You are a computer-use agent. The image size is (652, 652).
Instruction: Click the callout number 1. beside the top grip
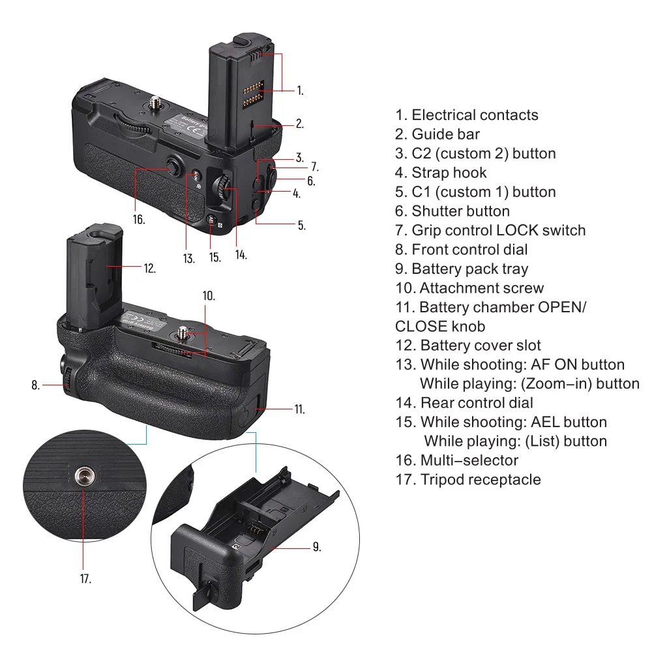299,91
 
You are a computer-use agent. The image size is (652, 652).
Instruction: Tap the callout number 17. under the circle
85,578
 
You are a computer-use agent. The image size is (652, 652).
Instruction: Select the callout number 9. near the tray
316,546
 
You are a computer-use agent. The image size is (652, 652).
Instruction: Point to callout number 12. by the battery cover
149,267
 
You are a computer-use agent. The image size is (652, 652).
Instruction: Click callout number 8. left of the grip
36,385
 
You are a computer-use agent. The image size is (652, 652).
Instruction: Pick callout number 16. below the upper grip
138,219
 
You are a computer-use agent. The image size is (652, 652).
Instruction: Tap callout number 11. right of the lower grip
299,409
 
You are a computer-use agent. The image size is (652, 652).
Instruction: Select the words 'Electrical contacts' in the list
475,115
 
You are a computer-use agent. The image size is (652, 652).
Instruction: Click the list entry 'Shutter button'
460,211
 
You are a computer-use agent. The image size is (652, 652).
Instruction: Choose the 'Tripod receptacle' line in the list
480,480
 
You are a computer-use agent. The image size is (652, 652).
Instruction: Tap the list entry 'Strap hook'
449,173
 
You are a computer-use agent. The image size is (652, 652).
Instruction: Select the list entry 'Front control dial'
469,250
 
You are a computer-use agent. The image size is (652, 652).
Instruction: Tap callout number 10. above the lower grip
209,295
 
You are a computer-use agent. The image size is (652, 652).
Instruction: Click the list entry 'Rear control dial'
476,403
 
